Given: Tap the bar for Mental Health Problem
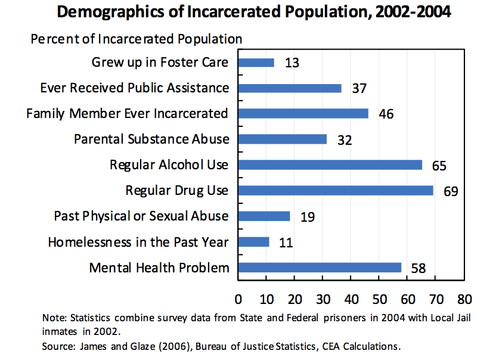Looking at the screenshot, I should [320, 268].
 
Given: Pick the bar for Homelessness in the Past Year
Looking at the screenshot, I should [254, 242].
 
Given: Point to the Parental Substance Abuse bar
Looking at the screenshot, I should [283, 139].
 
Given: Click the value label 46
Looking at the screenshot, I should [386, 114].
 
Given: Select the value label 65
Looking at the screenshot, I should [439, 165].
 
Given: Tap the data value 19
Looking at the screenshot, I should [308, 216].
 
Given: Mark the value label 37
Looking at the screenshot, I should [359, 88].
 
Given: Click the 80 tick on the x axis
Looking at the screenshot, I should [464, 299].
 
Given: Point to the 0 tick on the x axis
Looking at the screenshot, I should [238, 299].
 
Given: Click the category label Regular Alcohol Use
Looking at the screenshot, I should [169, 165].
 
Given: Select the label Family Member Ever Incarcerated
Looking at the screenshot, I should [127, 113].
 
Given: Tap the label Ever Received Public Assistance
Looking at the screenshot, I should [134, 88].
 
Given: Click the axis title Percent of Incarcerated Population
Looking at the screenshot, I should [137, 39].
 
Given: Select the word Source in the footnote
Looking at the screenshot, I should [57, 346].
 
